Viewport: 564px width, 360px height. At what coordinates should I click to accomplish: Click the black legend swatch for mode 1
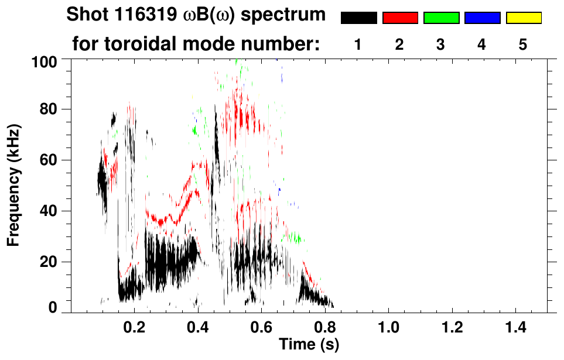click(358, 18)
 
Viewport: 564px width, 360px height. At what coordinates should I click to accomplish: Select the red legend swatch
click(400, 18)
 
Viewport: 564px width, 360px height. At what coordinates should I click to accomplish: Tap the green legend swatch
click(441, 18)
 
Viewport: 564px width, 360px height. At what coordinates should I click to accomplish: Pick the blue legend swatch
click(482, 18)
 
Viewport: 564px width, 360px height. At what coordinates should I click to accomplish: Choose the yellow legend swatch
click(524, 18)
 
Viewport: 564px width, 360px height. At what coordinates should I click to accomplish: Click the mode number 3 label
click(440, 45)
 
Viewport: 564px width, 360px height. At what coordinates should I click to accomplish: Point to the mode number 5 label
click(522, 45)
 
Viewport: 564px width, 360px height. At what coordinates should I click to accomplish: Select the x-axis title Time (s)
click(308, 344)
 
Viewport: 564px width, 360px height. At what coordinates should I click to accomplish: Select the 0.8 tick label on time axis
click(324, 327)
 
